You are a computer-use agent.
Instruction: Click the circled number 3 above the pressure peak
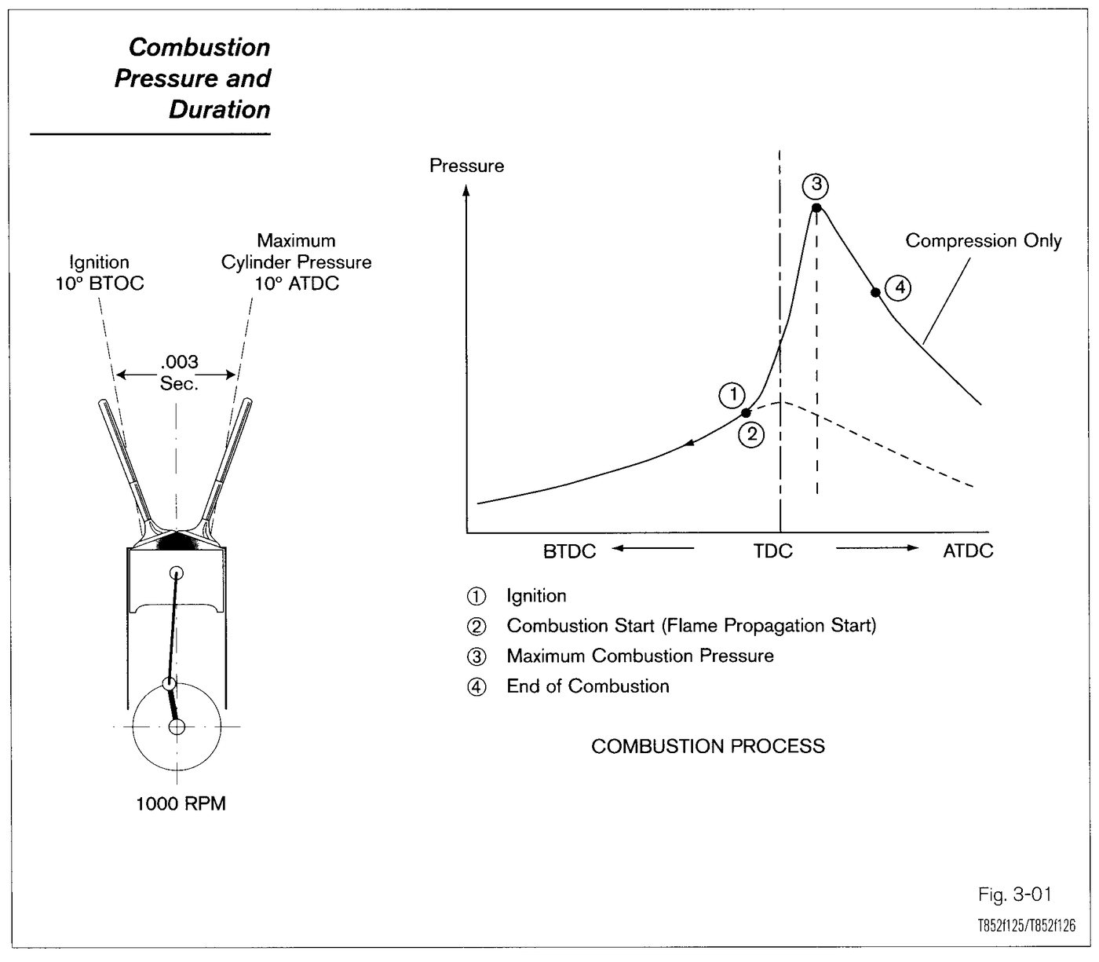(816, 185)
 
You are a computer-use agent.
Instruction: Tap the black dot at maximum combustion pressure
(816, 208)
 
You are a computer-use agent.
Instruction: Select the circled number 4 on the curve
(900, 287)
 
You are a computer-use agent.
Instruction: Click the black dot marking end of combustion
(875, 292)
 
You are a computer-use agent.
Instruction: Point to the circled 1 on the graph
(732, 395)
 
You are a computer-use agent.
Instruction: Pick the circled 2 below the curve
(751, 434)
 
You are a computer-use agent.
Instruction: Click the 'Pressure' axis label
(467, 166)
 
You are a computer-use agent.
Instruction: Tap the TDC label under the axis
(773, 550)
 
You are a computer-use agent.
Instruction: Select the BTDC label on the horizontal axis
(569, 551)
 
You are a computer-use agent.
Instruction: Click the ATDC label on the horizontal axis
(968, 550)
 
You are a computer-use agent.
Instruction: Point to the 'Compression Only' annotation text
(984, 241)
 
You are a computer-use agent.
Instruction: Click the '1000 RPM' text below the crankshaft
(181, 804)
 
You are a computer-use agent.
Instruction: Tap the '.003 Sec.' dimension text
(180, 372)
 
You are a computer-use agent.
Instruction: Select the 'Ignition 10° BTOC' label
(100, 273)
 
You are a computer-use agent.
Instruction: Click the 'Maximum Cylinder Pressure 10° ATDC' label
(297, 262)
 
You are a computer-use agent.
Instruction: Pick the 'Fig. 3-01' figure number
(1015, 894)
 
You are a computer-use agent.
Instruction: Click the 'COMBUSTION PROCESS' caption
(708, 747)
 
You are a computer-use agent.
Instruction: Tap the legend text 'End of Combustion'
(588, 686)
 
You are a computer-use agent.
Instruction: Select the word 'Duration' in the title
(220, 110)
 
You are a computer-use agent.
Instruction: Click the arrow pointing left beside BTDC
(652, 548)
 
